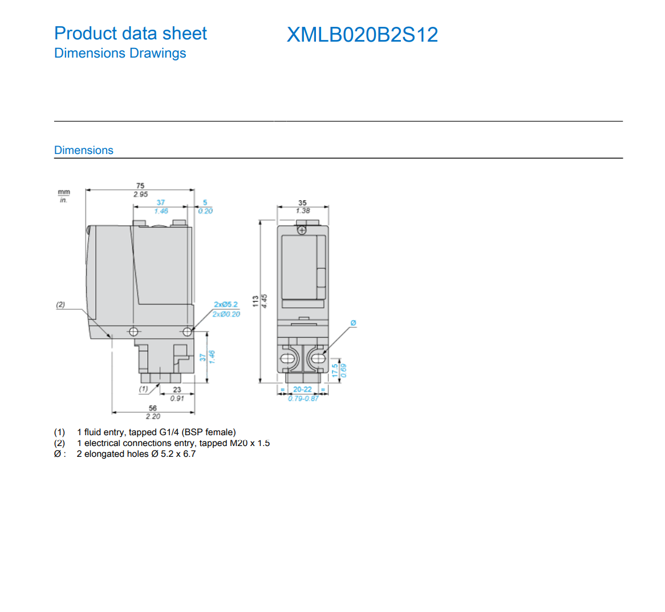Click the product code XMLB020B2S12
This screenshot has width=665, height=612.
(x=362, y=35)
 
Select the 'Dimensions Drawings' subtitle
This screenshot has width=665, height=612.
(x=120, y=53)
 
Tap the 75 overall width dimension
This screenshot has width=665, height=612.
(x=140, y=185)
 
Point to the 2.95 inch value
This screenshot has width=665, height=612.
(x=140, y=194)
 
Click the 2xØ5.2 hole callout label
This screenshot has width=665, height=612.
(x=226, y=305)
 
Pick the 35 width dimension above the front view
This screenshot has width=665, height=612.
(x=302, y=202)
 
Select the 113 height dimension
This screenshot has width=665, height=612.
(x=256, y=301)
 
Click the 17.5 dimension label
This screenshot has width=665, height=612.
(x=335, y=370)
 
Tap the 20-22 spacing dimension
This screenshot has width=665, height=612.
(x=302, y=390)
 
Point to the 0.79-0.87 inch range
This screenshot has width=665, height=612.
(x=303, y=399)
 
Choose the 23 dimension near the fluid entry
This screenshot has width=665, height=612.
(x=177, y=390)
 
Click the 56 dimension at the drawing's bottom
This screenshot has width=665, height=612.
(x=153, y=408)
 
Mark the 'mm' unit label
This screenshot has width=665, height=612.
(x=64, y=192)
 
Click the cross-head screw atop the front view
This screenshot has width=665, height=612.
(x=302, y=230)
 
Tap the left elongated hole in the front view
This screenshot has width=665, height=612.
(x=289, y=359)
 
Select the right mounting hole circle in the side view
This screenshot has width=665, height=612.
(x=187, y=331)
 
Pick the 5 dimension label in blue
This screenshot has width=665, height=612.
(x=205, y=202)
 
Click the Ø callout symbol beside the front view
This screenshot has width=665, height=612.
(x=353, y=323)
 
